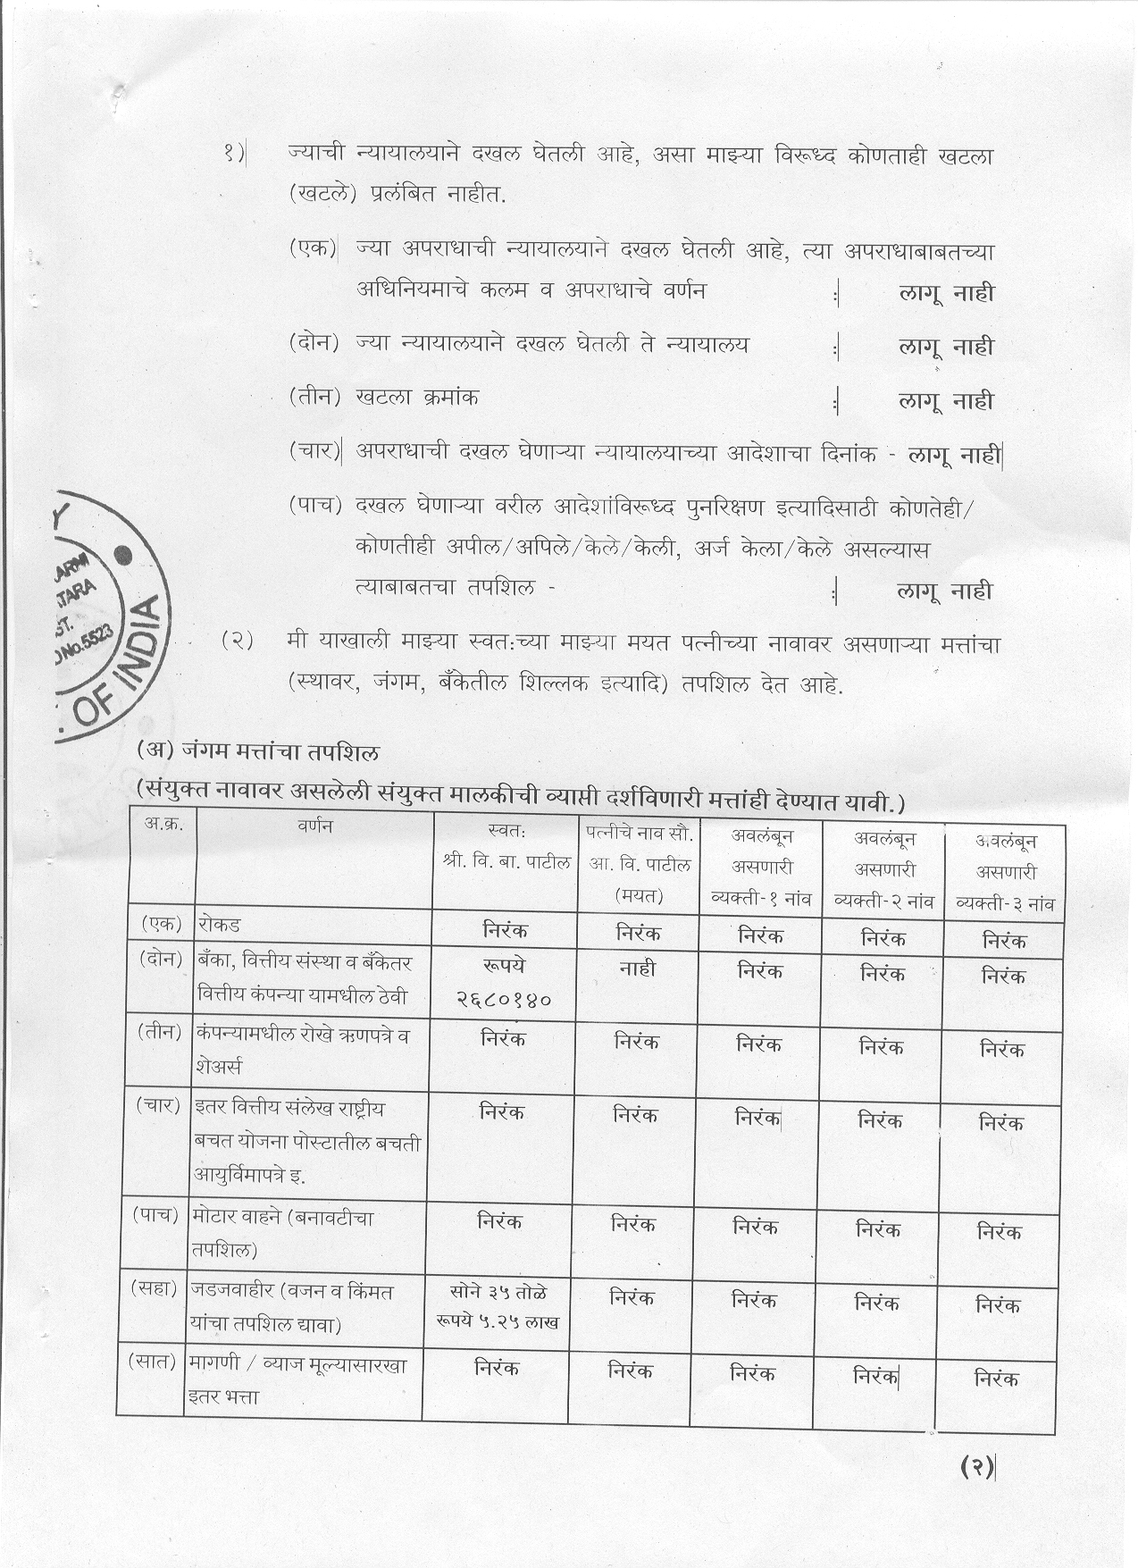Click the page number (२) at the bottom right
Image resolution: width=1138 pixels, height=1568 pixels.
click(976, 1465)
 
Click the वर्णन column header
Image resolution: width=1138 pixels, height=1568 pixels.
click(314, 826)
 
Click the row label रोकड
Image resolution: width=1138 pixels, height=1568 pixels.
click(220, 924)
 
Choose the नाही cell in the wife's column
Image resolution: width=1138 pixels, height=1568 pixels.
click(637, 968)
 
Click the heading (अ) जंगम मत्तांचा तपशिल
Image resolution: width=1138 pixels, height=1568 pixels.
click(258, 751)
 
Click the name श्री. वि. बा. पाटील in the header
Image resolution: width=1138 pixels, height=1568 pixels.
click(506, 864)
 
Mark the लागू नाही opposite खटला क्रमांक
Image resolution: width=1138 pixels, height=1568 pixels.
click(946, 401)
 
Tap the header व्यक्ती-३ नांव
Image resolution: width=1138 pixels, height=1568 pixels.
click(1005, 902)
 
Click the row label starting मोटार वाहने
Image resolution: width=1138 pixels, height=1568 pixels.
click(281, 1218)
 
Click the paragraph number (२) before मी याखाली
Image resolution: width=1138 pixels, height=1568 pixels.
click(238, 641)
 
